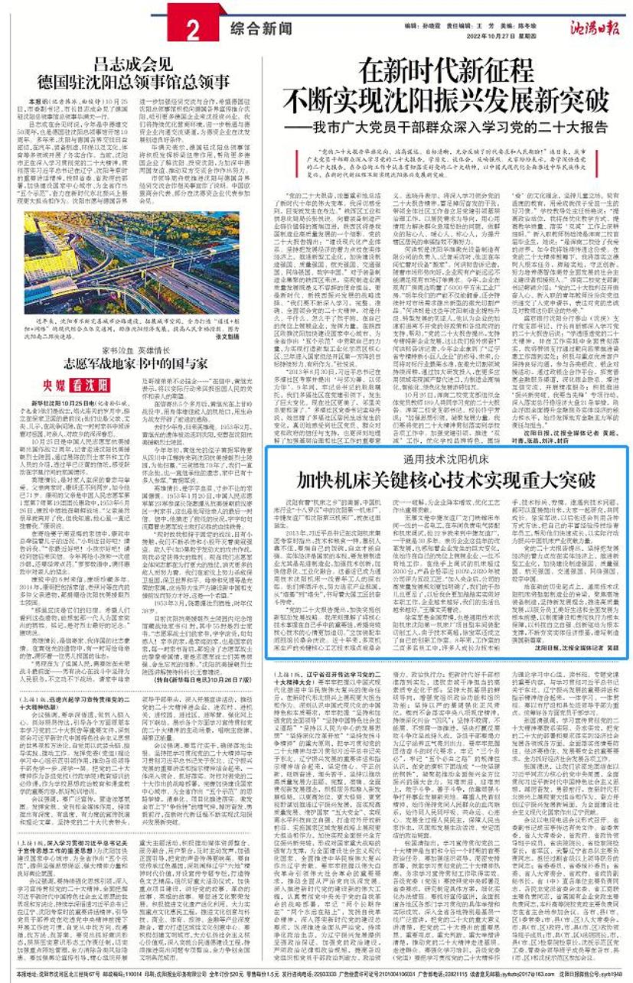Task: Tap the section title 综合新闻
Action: (260, 28)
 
